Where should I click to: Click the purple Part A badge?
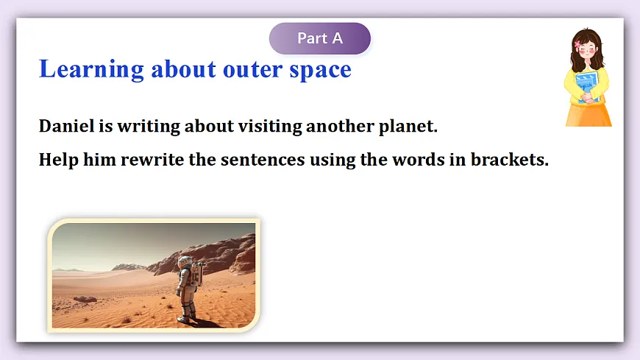(x=319, y=38)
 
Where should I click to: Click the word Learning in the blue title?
(x=91, y=69)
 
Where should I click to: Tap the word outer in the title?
(x=252, y=70)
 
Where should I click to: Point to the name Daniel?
(x=66, y=126)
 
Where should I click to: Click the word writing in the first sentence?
(x=149, y=127)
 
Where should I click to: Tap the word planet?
(x=408, y=127)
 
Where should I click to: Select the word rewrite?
(x=152, y=160)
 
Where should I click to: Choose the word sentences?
(x=263, y=160)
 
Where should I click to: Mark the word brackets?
(x=510, y=160)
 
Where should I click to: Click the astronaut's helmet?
(x=185, y=262)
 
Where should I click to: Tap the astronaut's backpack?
(x=198, y=274)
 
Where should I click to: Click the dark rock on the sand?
(x=85, y=299)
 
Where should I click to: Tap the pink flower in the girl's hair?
(x=577, y=44)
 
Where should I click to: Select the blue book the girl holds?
(x=586, y=87)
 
